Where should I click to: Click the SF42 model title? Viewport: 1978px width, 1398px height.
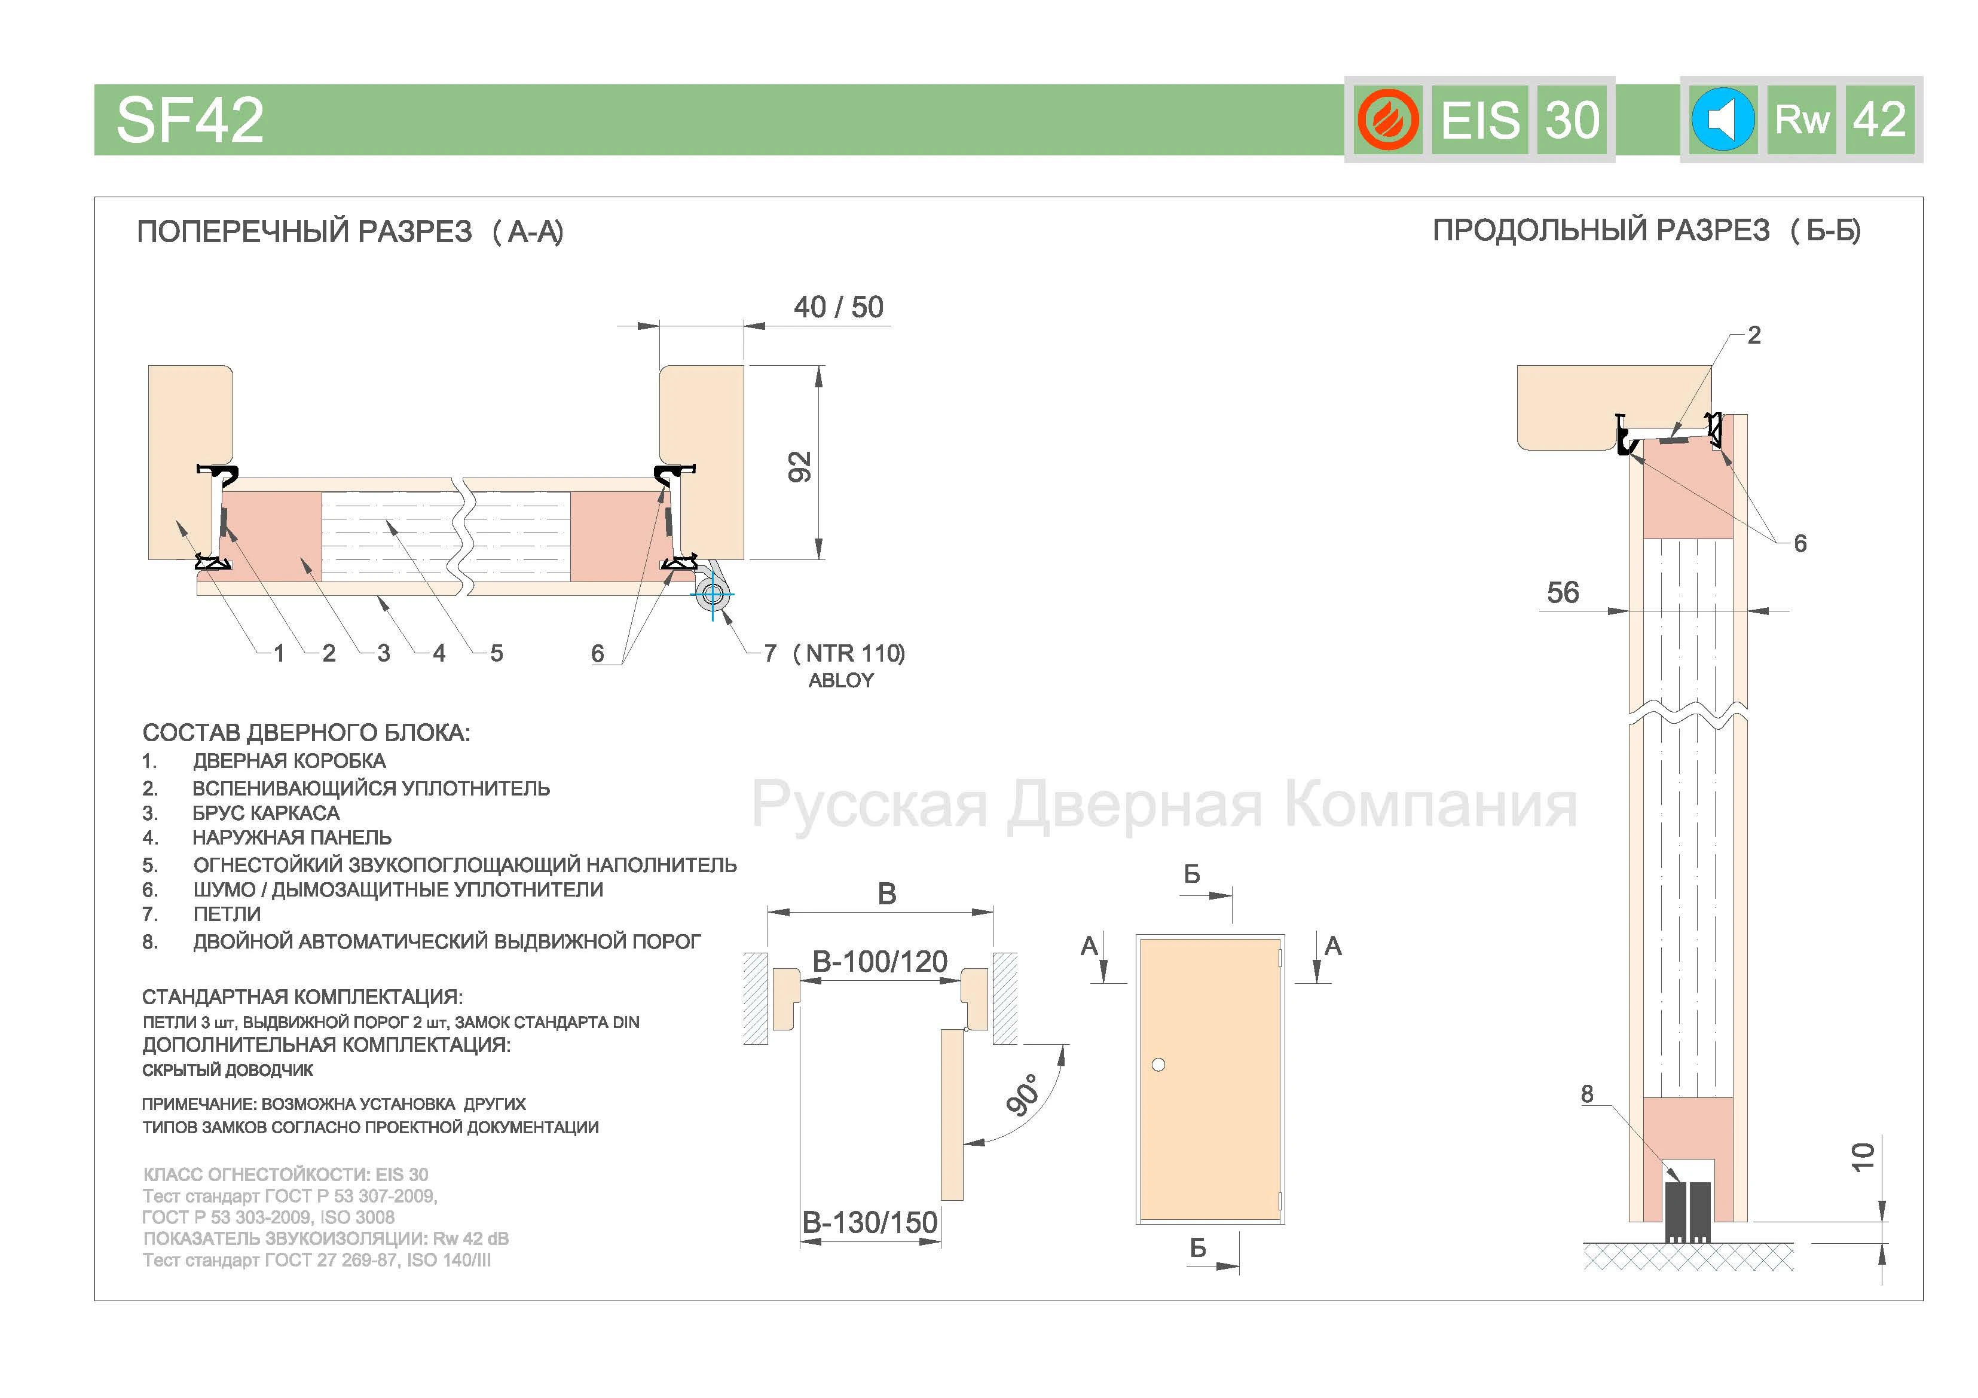pos(189,120)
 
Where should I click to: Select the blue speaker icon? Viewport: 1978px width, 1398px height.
pos(1723,119)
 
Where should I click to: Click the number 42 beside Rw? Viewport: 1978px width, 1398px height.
pos(1879,119)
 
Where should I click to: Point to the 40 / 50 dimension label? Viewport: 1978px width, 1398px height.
pos(838,307)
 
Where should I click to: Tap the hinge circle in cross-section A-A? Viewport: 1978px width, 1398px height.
pos(713,594)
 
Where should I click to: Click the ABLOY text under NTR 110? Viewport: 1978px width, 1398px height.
pos(841,681)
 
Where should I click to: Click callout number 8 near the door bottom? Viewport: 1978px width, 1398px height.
pos(1587,1093)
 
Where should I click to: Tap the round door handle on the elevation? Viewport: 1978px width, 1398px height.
pos(1158,1064)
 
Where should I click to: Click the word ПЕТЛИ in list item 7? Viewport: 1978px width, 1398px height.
pos(227,914)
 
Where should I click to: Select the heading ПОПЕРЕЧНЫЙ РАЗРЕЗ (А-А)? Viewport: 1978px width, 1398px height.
pos(350,232)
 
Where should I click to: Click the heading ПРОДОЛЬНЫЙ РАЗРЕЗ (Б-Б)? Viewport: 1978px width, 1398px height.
pos(1646,231)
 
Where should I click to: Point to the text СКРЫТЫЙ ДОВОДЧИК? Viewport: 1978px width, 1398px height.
pos(227,1070)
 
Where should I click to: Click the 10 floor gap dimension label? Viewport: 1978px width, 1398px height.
pos(1863,1157)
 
